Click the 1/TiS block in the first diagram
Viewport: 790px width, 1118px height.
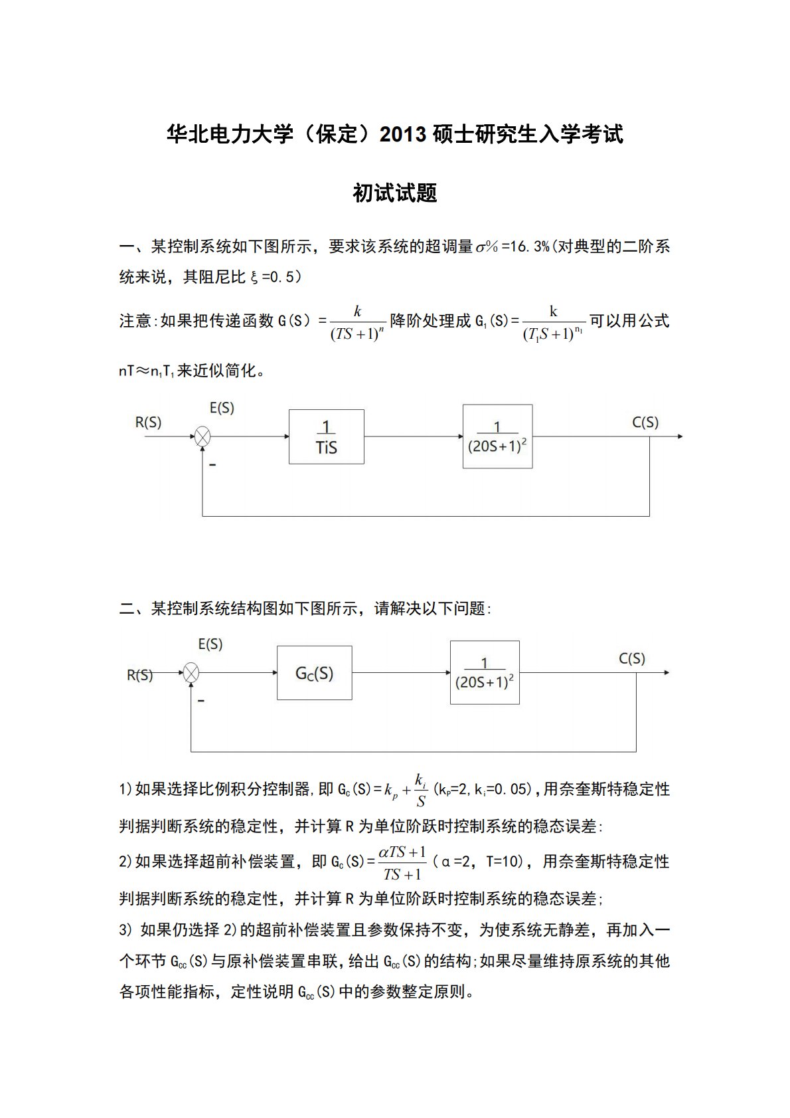click(326, 436)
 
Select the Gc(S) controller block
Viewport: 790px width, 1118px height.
click(314, 673)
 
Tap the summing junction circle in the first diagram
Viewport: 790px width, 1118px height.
click(202, 436)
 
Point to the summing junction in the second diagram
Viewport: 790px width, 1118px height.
click(191, 673)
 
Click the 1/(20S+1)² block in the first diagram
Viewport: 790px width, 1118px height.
click(497, 436)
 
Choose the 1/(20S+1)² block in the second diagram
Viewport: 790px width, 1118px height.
click(485, 672)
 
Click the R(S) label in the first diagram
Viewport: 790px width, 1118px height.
click(148, 422)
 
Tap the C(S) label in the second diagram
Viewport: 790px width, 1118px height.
click(632, 658)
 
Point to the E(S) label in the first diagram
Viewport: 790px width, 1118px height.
click(222, 408)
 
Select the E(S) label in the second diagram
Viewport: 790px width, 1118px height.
click(210, 644)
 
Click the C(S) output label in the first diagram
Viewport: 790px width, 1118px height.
click(645, 422)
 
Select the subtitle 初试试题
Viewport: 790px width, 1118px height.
click(395, 193)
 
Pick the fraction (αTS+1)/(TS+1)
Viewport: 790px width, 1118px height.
click(402, 863)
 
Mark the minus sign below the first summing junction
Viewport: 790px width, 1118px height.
click(212, 465)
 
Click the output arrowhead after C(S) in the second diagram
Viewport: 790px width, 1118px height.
click(666, 673)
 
